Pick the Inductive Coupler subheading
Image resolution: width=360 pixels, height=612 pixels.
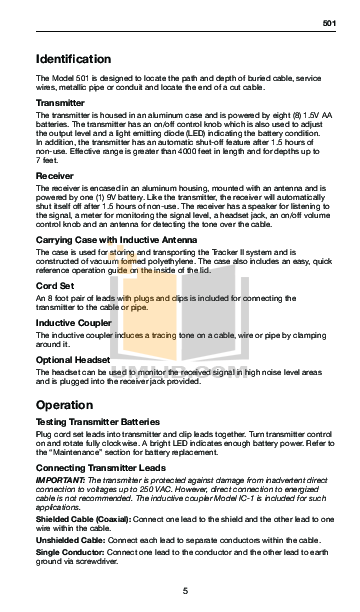(x=72, y=322)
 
